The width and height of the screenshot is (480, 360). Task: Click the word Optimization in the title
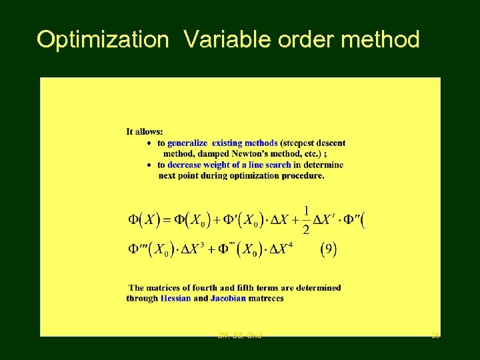tap(103, 40)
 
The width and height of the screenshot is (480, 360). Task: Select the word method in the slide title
tap(380, 40)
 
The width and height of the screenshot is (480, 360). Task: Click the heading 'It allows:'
tap(144, 132)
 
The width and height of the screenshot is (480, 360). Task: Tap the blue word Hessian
tap(175, 299)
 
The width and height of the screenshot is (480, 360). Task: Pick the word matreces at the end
tap(266, 299)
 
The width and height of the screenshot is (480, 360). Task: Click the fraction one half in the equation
tap(306, 219)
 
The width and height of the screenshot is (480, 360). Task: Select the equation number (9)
tap(329, 250)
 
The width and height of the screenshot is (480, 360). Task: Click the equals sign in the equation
tap(167, 219)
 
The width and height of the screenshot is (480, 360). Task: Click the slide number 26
tap(435, 335)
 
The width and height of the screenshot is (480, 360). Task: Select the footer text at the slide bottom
tap(240, 335)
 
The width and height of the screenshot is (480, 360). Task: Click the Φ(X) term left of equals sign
tap(143, 219)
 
